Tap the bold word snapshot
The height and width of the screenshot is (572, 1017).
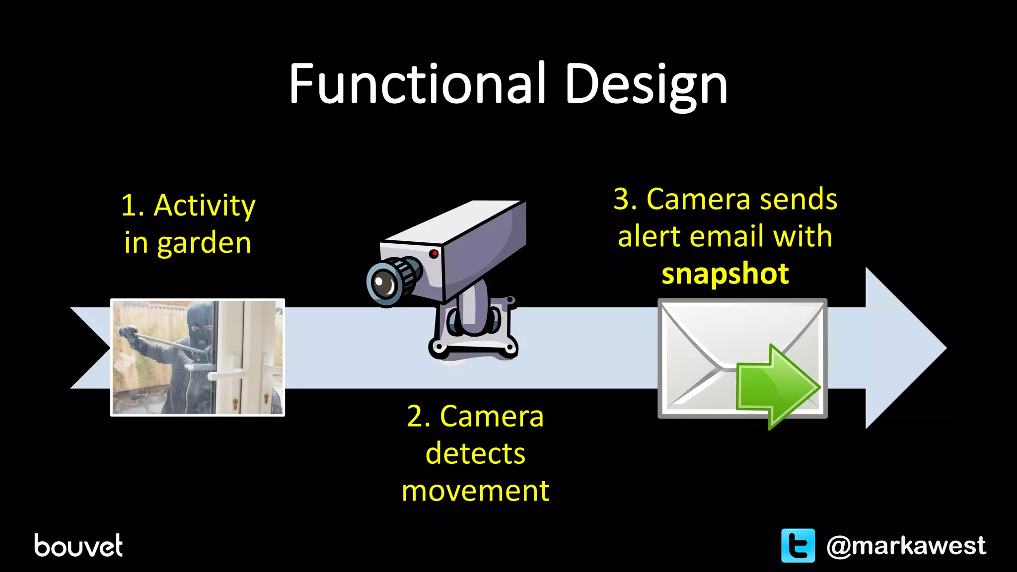coord(725,274)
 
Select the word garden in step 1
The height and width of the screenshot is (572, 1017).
coord(204,243)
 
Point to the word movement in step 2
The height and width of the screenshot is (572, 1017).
coord(475,491)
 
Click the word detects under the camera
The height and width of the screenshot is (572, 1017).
coord(475,453)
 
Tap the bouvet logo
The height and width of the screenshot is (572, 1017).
coord(78,546)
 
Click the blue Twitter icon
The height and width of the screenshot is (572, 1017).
coord(798,546)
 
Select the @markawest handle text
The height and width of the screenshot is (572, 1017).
coord(906,546)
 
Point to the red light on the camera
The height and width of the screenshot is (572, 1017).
coord(434,254)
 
